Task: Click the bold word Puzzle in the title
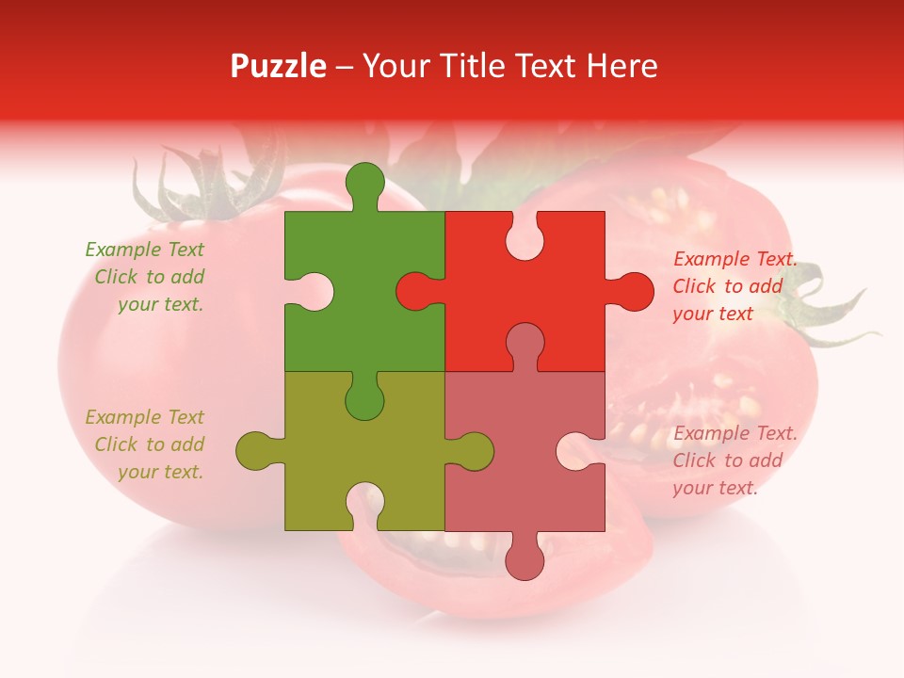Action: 279,66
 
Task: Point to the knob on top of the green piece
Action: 364,182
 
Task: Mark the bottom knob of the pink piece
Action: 525,560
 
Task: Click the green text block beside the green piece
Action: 147,277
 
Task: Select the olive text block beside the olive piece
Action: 147,444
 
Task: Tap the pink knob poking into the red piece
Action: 525,343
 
